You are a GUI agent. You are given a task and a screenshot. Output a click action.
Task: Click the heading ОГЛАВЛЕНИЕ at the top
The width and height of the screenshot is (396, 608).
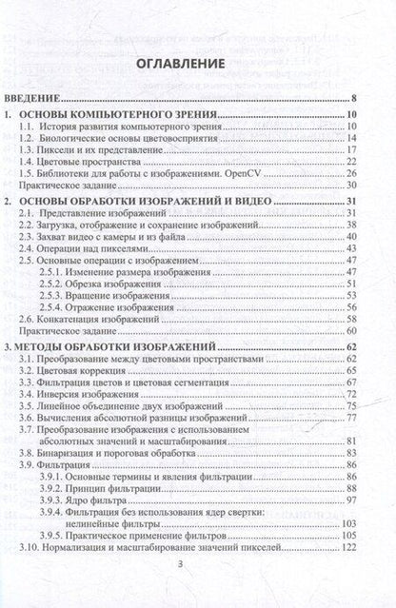pyautogui.click(x=199, y=64)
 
